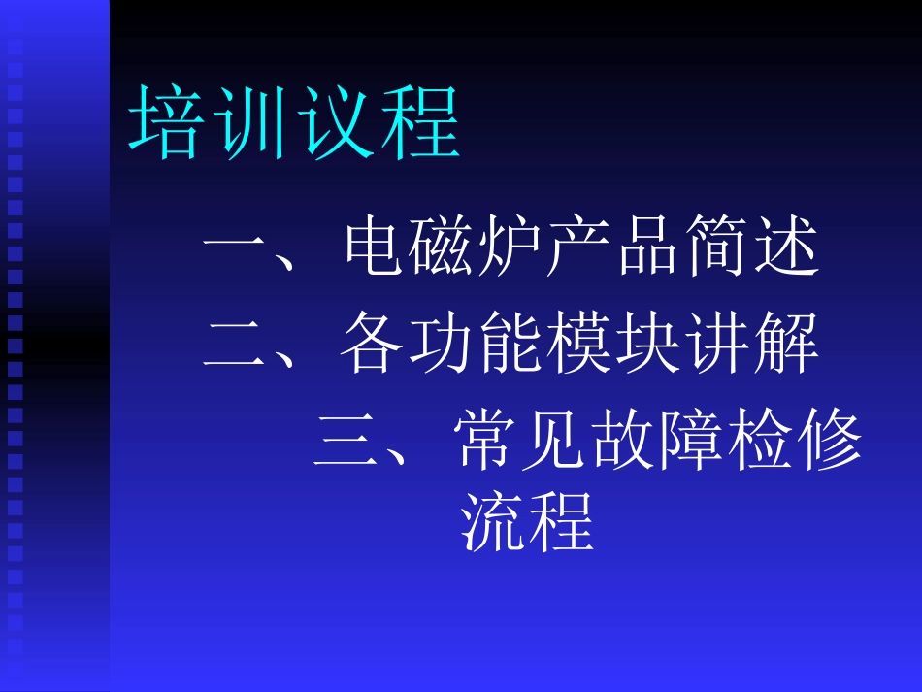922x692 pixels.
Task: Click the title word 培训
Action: (212, 123)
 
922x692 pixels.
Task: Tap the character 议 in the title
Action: (336, 123)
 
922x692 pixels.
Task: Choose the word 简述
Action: (751, 250)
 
